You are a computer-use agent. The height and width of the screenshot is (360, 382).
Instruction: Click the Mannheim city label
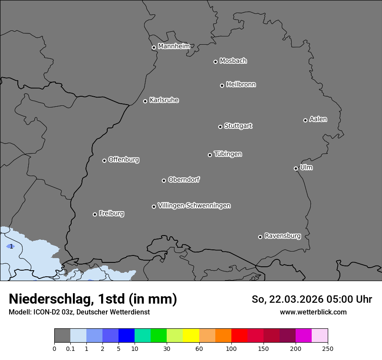tap(174, 46)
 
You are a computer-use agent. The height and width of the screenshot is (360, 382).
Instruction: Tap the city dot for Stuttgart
tap(220, 127)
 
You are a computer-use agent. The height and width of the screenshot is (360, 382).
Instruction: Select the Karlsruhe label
tap(164, 100)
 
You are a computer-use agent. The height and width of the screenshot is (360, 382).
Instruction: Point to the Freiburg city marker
tap(95, 214)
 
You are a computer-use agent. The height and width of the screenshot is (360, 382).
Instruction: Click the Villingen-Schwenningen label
tap(194, 206)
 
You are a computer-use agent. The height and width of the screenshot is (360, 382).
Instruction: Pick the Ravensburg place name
tap(283, 236)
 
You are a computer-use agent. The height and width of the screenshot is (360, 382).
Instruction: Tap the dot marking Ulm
tap(296, 168)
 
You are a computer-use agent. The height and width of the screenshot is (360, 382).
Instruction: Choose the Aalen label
tap(318, 119)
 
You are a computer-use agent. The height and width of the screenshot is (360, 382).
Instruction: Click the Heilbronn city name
tap(241, 85)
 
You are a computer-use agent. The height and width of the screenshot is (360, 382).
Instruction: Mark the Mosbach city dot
tap(215, 62)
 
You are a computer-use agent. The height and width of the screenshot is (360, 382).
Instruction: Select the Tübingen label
tap(228, 154)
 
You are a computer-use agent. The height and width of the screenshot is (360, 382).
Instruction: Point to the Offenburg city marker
tap(104, 160)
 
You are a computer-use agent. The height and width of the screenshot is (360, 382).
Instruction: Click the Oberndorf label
tap(184, 180)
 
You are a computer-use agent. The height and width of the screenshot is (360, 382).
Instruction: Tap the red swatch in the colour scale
tap(239, 336)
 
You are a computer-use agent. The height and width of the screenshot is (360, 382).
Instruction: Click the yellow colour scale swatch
tap(191, 336)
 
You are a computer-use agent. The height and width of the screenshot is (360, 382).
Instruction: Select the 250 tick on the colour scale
tap(328, 348)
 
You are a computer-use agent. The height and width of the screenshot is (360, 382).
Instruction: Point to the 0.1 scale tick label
tap(70, 348)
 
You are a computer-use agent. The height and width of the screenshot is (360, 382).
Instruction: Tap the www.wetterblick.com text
tap(313, 312)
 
